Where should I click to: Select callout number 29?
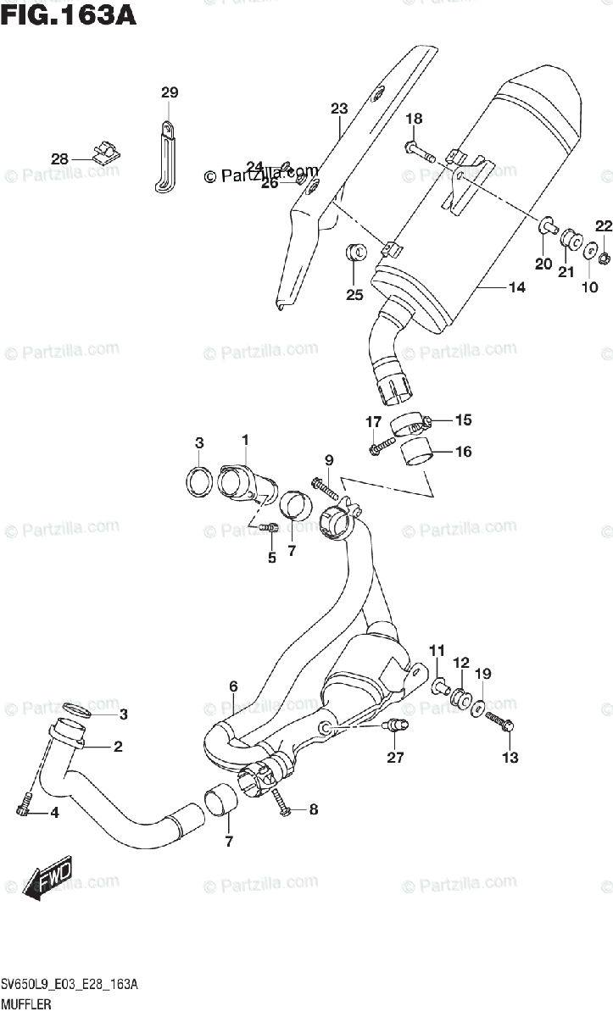pos(170,92)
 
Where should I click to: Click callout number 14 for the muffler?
pos(516,287)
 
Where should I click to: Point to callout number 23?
pos(339,109)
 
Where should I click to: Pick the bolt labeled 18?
pos(420,153)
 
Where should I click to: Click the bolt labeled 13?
pos(501,723)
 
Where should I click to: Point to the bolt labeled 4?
pos(23,808)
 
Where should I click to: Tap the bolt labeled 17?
pos(381,443)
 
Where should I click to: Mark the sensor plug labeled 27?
pos(396,725)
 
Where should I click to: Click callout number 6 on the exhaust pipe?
pos(233,687)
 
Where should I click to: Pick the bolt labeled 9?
pos(324,487)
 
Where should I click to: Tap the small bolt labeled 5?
pos(269,528)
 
